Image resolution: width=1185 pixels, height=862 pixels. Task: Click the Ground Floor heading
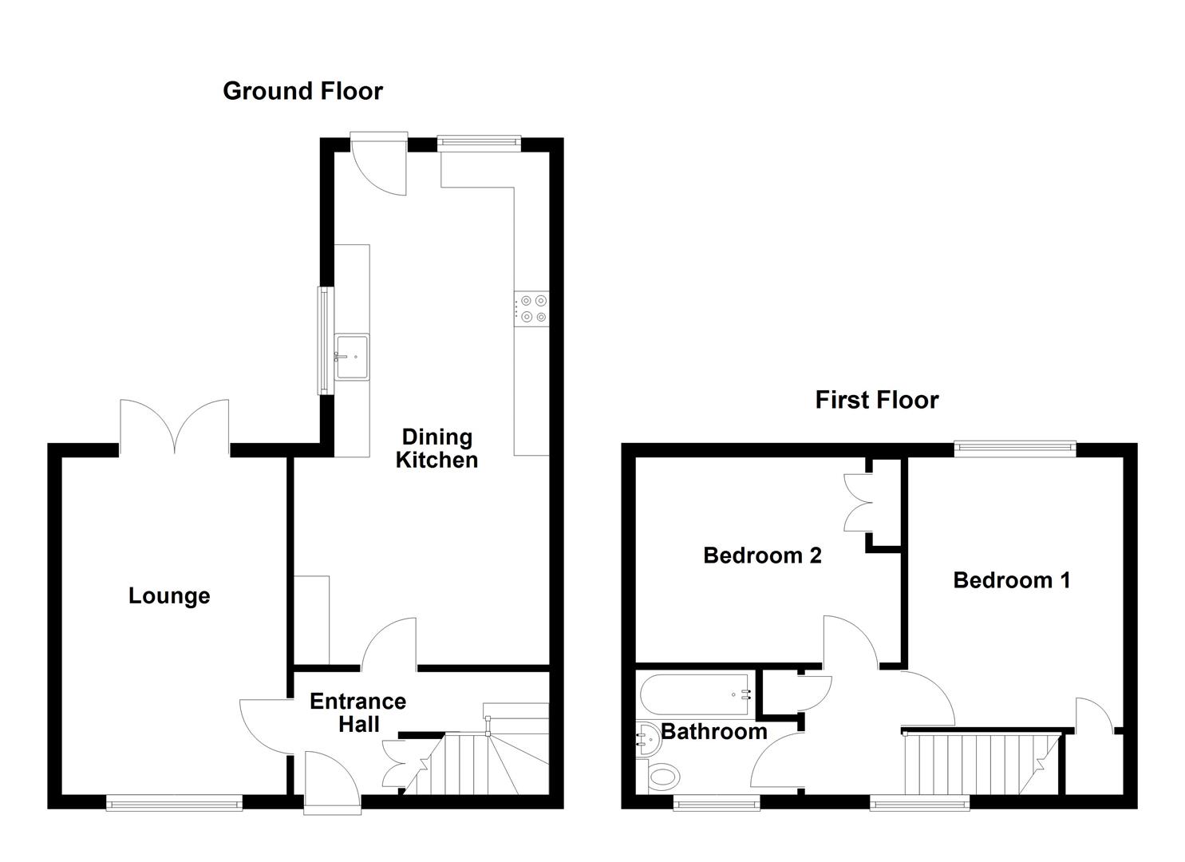[302, 91]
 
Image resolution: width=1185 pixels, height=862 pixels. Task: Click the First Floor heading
[876, 399]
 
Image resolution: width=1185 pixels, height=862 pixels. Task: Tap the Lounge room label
[169, 595]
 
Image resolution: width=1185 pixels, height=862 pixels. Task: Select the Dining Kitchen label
[436, 448]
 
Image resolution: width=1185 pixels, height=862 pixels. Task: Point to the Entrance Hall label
[357, 712]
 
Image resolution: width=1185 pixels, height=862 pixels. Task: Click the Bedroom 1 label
[1011, 579]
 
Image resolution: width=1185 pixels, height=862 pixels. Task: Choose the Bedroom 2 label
[762, 555]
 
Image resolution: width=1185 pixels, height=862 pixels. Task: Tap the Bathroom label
[713, 731]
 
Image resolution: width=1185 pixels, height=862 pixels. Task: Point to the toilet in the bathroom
[662, 775]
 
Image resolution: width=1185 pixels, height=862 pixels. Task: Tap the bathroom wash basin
[647, 739]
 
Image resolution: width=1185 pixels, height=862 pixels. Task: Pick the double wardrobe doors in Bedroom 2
[860, 503]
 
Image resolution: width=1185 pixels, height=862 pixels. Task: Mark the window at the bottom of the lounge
[175, 802]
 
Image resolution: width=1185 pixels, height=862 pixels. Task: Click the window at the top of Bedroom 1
[1015, 449]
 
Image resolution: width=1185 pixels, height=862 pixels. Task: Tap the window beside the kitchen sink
[324, 340]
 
